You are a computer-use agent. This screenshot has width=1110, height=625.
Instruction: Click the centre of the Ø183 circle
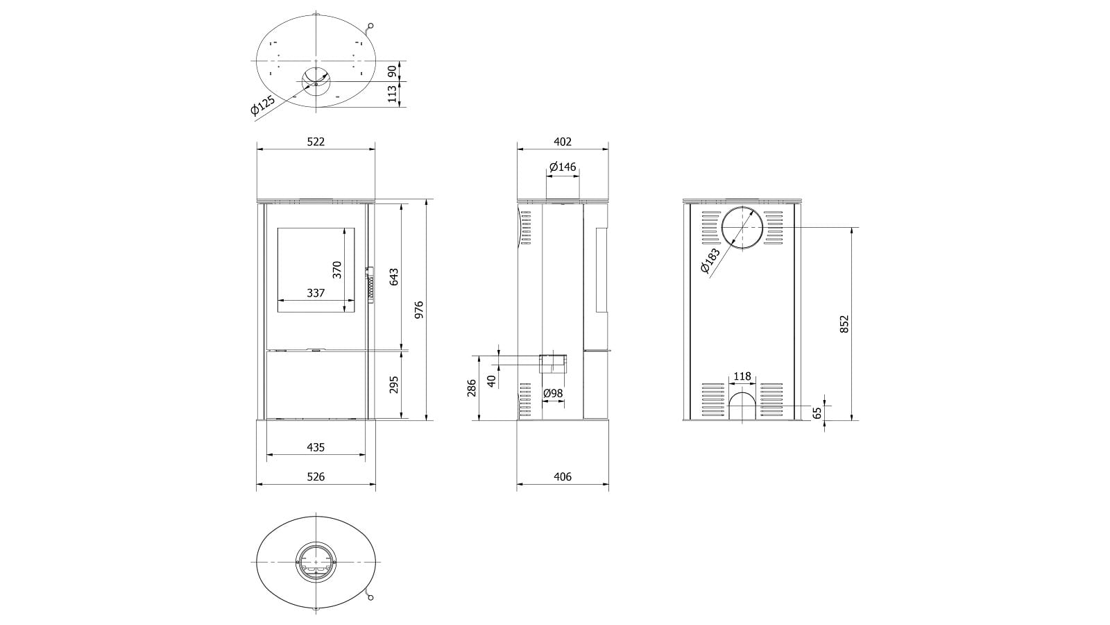742,228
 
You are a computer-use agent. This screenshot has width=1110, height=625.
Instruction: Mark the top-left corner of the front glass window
277,228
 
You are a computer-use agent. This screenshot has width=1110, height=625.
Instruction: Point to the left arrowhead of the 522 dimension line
259,148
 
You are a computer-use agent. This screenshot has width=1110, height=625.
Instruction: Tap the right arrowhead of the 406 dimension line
606,483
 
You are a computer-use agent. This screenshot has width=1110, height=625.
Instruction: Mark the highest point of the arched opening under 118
742,392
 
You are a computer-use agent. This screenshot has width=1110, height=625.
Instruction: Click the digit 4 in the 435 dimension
310,447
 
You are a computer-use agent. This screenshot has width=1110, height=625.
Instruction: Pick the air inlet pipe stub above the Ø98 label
553,364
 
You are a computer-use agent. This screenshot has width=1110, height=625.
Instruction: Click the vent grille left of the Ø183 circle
711,228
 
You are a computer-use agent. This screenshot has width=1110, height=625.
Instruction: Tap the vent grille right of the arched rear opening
771,399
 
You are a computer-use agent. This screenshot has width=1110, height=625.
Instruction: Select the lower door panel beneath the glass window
316,385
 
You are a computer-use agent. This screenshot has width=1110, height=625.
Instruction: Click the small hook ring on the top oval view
370,26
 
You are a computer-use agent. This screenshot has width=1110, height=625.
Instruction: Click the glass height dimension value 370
337,270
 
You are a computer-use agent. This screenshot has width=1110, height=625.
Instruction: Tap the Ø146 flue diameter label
563,167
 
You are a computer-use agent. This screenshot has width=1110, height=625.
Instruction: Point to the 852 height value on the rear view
844,324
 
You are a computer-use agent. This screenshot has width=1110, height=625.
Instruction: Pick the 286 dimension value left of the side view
471,388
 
